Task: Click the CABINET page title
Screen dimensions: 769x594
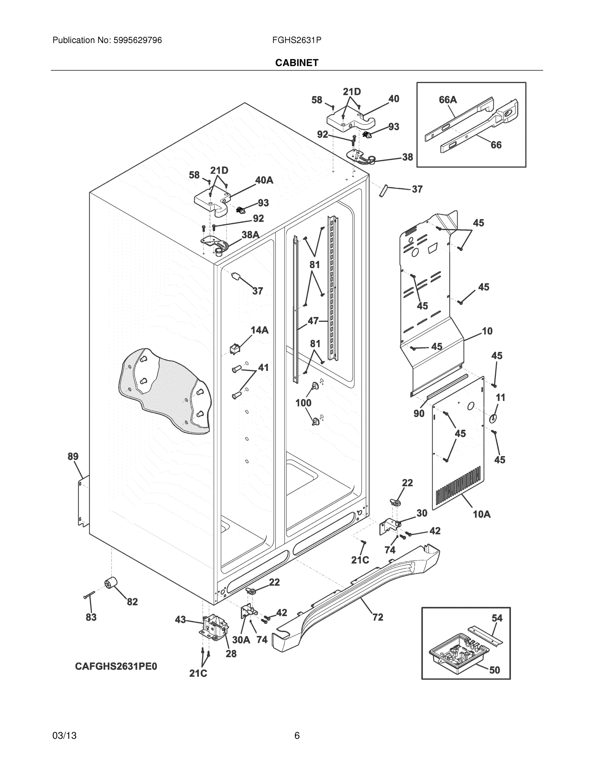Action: pos(297,63)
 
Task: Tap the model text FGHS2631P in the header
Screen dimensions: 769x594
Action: pos(296,40)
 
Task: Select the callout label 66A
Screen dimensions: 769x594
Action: pos(448,100)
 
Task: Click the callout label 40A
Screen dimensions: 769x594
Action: pos(264,180)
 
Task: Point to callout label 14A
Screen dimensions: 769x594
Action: pos(259,330)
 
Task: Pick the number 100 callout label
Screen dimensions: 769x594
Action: pos(303,402)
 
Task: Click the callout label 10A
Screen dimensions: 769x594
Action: pos(481,514)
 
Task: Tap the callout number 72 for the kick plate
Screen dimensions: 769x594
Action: pos(378,617)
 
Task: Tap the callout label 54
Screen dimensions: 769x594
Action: pos(497,618)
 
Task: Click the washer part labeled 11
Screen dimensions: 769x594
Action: pos(493,418)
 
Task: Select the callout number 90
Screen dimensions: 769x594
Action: pos(419,413)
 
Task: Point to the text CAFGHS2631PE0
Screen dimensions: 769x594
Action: pos(116,666)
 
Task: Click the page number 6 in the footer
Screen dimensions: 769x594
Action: pos(297,736)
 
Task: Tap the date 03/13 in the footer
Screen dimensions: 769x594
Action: pos(64,736)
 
